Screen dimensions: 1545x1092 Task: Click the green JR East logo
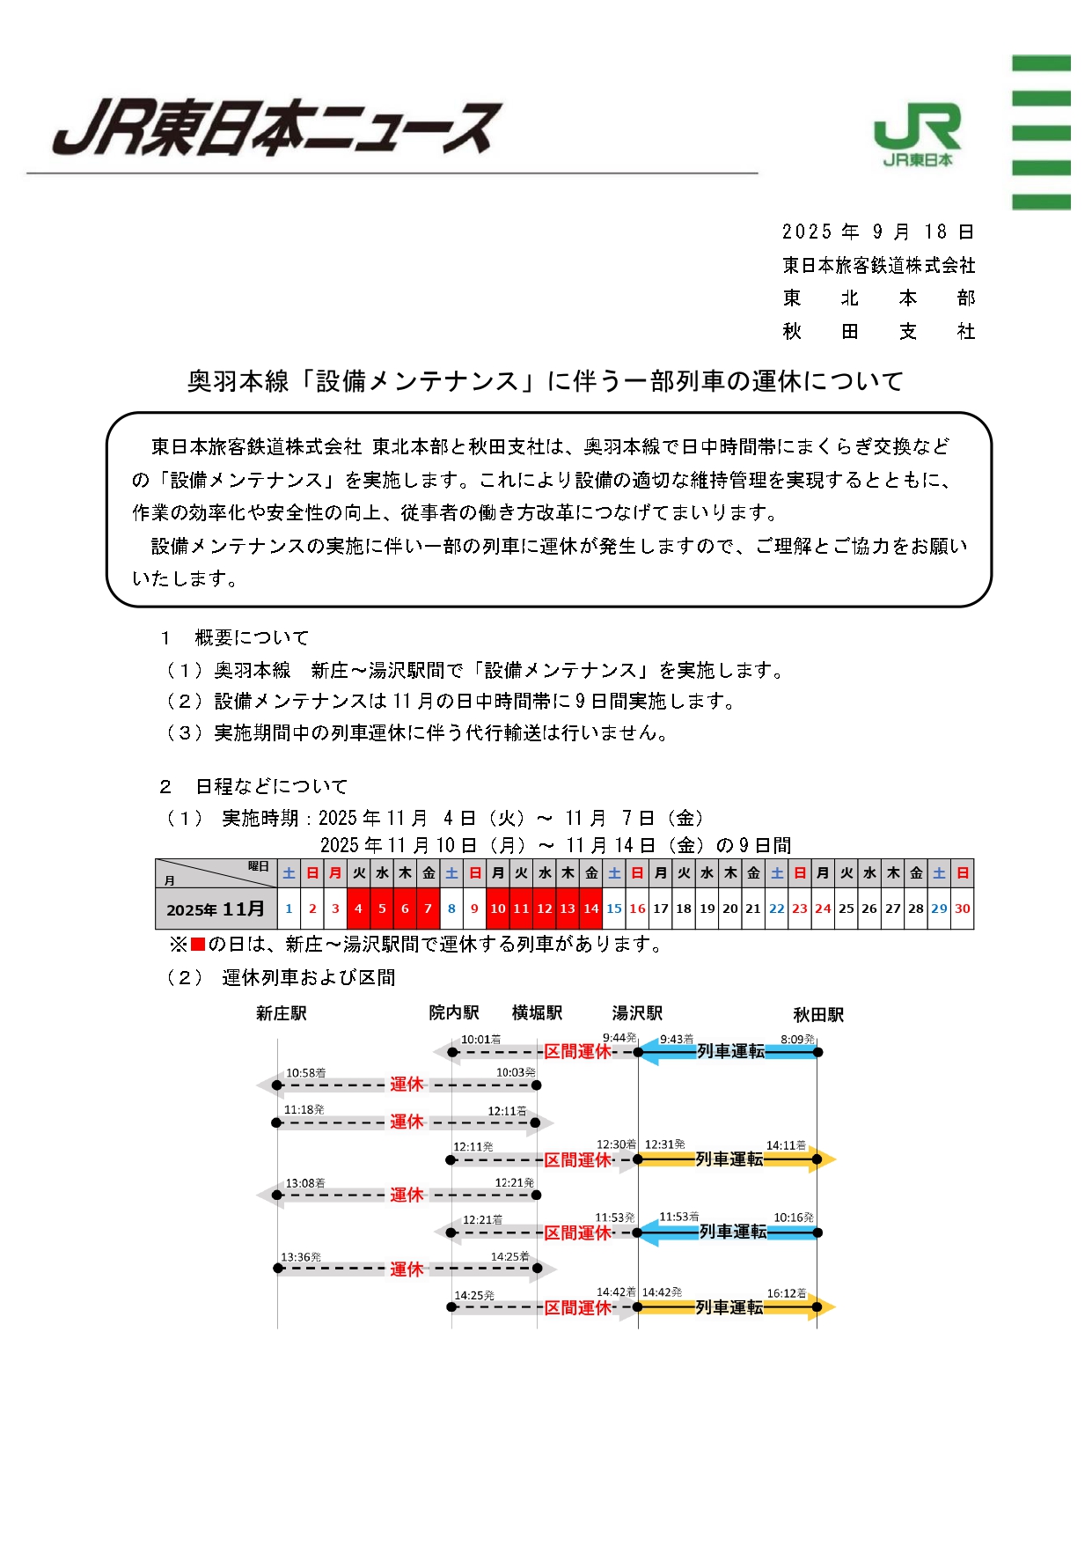coord(917,134)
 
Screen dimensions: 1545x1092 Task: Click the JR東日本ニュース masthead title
coord(277,129)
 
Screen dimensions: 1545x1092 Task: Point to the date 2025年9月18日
coord(877,232)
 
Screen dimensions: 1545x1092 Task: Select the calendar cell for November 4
coord(358,909)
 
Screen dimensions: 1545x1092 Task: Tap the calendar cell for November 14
coord(591,909)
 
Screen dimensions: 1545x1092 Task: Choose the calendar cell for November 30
coord(963,909)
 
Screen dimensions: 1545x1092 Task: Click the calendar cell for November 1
coord(289,909)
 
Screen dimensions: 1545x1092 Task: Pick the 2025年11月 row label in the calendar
coord(216,909)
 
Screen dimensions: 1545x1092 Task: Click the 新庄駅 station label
coord(282,1013)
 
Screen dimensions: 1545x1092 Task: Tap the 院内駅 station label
coord(454,1012)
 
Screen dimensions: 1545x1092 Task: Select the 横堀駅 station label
coord(537,1012)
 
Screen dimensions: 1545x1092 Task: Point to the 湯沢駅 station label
coord(637,1012)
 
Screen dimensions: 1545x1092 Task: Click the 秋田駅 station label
coord(818,1014)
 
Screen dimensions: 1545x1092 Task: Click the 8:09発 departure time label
coord(798,1040)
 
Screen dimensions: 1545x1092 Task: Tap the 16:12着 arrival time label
coord(787,1293)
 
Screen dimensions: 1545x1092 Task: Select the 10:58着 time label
coord(305,1073)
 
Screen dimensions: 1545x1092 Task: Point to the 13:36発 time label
coord(301,1257)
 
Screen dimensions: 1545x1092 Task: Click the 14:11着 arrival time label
coord(786,1145)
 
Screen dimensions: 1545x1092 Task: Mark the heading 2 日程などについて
coord(254,786)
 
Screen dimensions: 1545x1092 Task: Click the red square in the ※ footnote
coord(198,945)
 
